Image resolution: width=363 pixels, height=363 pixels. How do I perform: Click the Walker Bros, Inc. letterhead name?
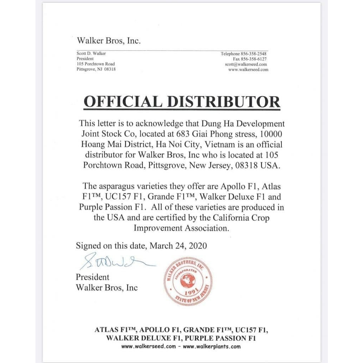point(108,41)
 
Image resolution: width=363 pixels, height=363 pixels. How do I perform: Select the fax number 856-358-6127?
point(254,59)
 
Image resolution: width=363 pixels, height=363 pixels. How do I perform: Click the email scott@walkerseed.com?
point(246,65)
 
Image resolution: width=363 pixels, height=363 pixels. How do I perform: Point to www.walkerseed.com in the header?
point(248,70)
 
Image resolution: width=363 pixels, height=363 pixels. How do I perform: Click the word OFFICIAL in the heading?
point(123,102)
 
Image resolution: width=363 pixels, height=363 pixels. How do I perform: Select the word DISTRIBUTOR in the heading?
point(223,102)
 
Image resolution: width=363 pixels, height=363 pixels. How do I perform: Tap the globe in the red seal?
point(188,281)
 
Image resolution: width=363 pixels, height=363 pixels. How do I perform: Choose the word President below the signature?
point(93,277)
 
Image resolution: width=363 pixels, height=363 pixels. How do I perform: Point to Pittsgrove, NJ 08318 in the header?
point(96,69)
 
